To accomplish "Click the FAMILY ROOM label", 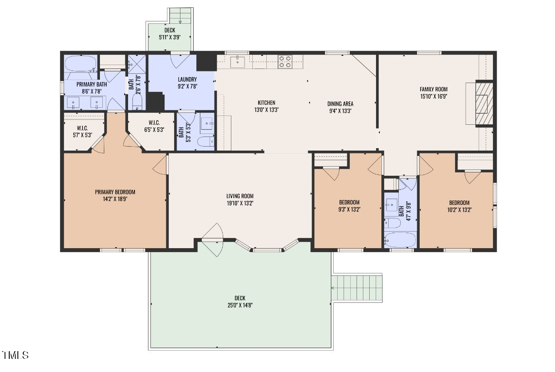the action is tap(434, 89).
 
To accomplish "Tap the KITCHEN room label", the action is tap(266, 103).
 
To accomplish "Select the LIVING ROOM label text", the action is tap(240, 196).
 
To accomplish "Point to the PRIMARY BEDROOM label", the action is tap(115, 192).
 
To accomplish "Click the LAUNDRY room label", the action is tap(187, 79).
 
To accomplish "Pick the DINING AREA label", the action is tap(340, 104).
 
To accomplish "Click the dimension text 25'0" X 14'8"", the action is tap(240, 305).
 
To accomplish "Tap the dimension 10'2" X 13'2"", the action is tap(459, 210).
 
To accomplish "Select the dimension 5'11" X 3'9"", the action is tap(170, 37).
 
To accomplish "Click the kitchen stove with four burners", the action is tap(285, 61).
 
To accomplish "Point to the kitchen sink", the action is tap(238, 62).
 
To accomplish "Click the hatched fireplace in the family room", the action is tap(484, 103).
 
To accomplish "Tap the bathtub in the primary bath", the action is tap(81, 64).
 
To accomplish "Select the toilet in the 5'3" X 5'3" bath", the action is tap(206, 142).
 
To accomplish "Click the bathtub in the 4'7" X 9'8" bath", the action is tap(400, 239).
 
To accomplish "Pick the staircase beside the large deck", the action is tap(358, 287).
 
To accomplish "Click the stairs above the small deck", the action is tap(180, 15).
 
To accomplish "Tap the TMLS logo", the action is tap(15, 355).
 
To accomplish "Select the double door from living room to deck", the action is tap(212, 240).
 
